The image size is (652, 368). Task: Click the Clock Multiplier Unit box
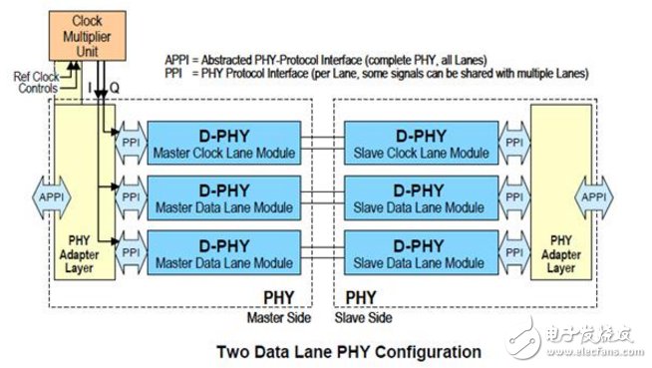[88, 36]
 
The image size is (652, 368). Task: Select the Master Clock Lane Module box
[224, 143]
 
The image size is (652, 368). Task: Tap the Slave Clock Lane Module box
[422, 143]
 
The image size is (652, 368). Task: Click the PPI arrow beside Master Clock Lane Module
[131, 143]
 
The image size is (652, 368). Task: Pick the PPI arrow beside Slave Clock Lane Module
[514, 143]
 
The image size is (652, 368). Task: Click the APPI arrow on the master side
[52, 197]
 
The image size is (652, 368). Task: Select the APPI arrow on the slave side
[594, 197]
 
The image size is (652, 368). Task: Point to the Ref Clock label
[36, 77]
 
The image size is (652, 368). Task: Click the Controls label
[38, 88]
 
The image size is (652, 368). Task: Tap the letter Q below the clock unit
[115, 88]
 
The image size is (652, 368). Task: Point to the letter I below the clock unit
[90, 88]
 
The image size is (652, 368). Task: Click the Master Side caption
[279, 318]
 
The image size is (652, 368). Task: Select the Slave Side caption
[364, 318]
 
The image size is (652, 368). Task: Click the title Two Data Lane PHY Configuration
[349, 352]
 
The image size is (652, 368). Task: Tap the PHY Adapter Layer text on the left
[79, 254]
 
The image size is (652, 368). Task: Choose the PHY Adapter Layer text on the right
[561, 254]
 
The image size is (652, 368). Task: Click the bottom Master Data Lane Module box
[224, 253]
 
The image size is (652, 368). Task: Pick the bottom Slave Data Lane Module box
[422, 253]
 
